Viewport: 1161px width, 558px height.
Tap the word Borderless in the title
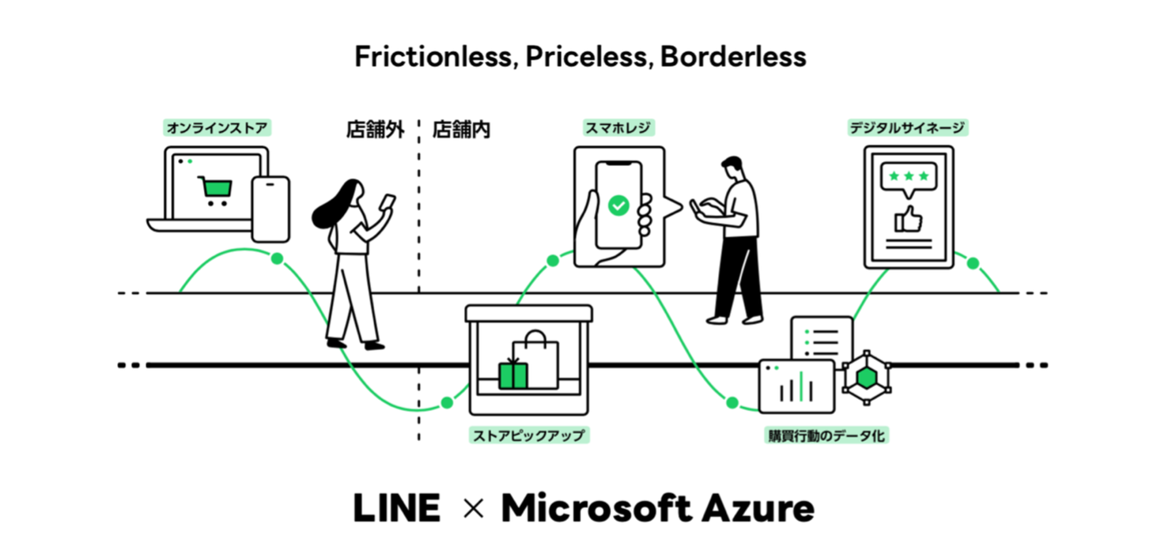tap(733, 57)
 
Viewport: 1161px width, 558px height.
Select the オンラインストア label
tap(216, 126)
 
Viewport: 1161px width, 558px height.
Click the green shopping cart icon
tap(215, 190)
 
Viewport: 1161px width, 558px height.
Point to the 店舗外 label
tap(375, 129)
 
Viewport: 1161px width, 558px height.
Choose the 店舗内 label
tap(461, 129)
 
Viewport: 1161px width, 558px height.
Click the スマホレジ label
tap(619, 126)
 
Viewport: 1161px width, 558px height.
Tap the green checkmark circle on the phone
tap(618, 205)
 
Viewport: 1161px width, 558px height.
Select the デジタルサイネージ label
tap(907, 126)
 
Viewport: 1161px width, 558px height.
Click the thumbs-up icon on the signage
tap(907, 219)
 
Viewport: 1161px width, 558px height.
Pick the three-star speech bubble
tap(908, 178)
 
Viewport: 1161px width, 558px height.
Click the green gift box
tap(512, 375)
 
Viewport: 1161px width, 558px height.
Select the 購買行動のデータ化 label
tap(826, 435)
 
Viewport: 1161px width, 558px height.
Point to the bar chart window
tap(797, 386)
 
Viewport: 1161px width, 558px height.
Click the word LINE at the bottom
tap(396, 509)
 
